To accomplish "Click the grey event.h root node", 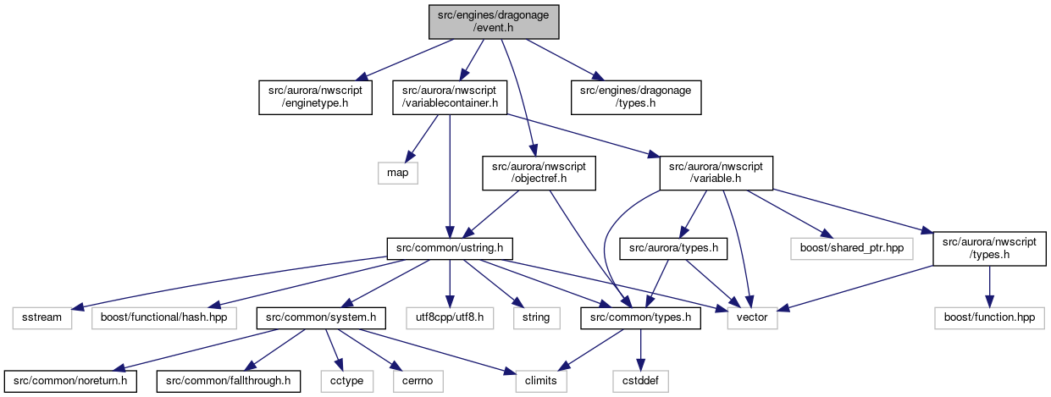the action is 494,21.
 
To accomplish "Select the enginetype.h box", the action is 315,97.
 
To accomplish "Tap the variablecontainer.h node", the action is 450,97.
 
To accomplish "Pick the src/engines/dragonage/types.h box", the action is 636,97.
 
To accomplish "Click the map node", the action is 398,173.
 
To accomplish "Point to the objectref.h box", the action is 539,173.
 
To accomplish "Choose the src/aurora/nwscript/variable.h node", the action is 716,173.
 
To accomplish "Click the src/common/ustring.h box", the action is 450,248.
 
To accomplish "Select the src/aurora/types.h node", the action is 673,248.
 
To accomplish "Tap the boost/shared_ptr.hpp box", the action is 852,248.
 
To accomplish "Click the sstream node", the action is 42,317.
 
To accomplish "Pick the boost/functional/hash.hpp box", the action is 163,317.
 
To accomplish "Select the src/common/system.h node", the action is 321,317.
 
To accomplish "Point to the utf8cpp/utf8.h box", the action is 450,317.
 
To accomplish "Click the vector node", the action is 752,317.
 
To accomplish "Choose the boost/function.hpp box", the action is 989,317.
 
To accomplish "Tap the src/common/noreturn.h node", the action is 70,381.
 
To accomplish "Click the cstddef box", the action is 640,381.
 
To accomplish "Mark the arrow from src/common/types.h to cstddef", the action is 640,350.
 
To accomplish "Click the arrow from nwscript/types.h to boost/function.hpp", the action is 989,286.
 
